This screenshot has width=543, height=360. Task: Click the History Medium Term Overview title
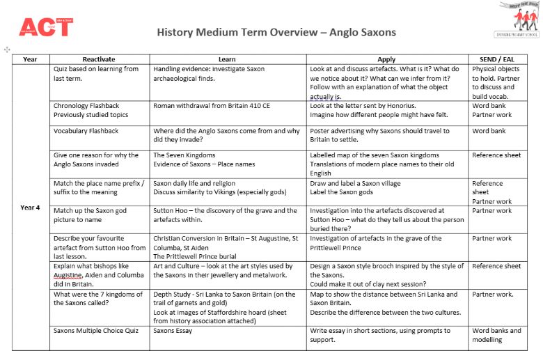click(x=276, y=32)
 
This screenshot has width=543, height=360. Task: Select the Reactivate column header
click(x=99, y=59)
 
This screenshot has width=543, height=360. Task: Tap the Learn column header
click(x=227, y=59)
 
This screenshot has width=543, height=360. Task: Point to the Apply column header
click(x=386, y=59)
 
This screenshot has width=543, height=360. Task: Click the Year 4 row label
click(x=31, y=207)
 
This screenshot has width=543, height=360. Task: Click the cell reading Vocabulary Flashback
click(x=86, y=131)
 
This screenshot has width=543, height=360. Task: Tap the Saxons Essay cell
click(x=173, y=331)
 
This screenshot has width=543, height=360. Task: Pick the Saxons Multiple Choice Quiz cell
click(x=94, y=331)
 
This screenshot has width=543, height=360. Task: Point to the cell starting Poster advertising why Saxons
click(x=381, y=135)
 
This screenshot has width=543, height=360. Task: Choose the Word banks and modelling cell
click(x=496, y=335)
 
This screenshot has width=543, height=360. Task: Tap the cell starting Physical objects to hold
click(x=496, y=83)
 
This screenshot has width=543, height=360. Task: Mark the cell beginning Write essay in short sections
click(x=380, y=335)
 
